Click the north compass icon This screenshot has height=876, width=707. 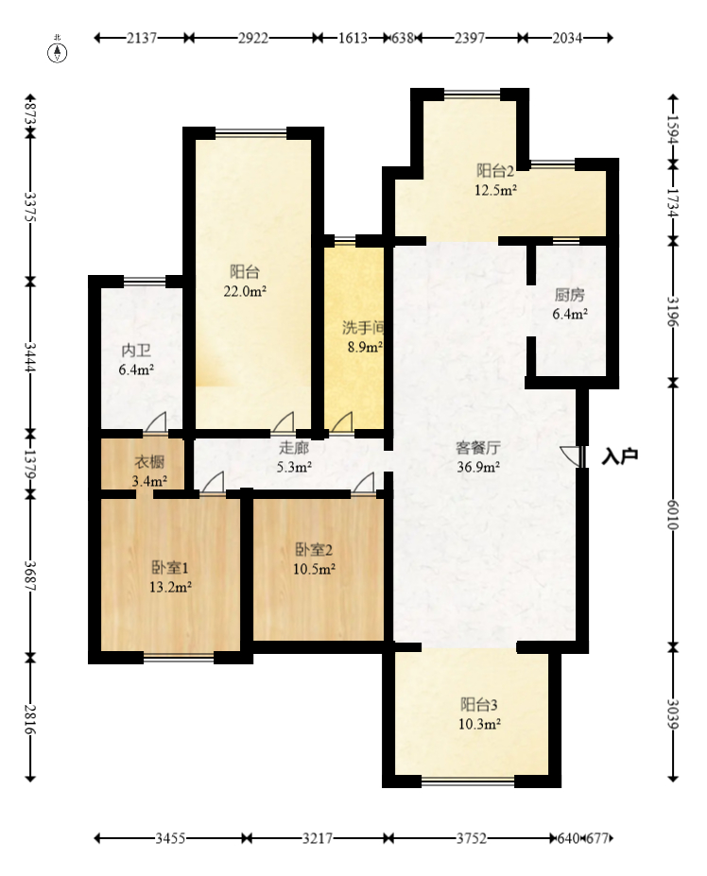tap(58, 51)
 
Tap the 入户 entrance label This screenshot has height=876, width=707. tap(620, 456)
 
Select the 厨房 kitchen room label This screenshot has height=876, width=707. tap(571, 293)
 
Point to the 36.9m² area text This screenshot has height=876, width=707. tap(478, 466)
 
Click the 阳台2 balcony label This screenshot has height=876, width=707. tap(494, 171)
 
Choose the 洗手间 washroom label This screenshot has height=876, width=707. tap(362, 328)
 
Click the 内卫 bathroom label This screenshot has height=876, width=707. tap(135, 351)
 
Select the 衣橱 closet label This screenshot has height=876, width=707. tap(149, 462)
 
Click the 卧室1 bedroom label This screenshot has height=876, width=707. tap(171, 568)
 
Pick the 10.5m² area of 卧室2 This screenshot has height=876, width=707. tap(315, 569)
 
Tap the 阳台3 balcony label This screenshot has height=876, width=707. tap(479, 705)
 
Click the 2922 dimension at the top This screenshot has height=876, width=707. tap(252, 39)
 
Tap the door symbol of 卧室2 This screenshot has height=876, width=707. tap(363, 485)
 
